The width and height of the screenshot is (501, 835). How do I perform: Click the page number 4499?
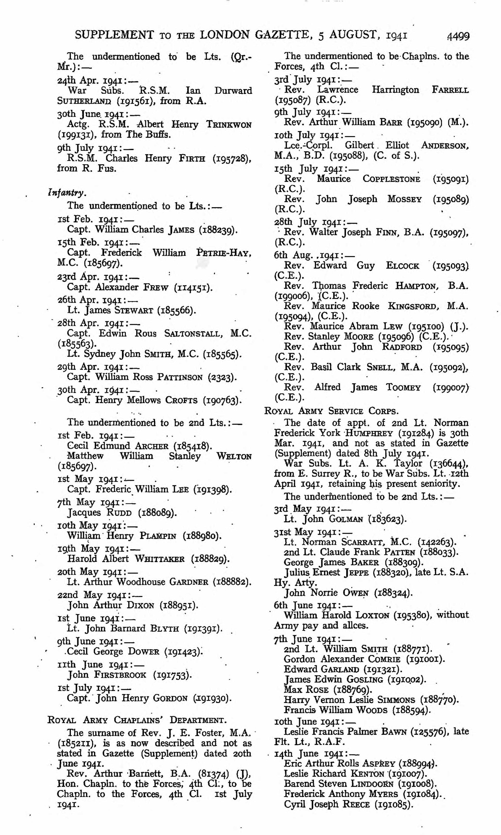pyautogui.click(x=458, y=36)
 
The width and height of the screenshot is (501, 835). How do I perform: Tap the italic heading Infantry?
pyautogui.click(x=67, y=193)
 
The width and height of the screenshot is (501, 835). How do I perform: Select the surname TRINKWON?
pyautogui.click(x=229, y=125)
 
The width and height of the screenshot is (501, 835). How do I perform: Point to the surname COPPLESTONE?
pyautogui.click(x=391, y=179)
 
